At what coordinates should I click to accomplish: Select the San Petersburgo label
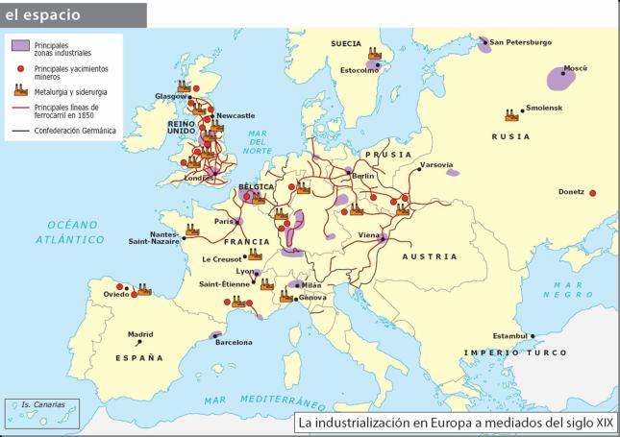[x=520, y=42]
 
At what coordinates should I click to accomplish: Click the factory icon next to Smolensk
[x=511, y=115]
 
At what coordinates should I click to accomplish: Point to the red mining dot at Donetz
[x=592, y=192]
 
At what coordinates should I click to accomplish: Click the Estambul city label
[x=508, y=335]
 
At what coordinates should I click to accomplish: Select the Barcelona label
[x=234, y=343]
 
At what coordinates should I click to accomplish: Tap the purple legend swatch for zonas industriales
[x=19, y=46]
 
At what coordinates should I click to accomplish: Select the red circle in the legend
[x=19, y=70]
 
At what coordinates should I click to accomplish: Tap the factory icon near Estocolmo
[x=374, y=56]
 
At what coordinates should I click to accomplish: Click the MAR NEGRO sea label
[x=574, y=291]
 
